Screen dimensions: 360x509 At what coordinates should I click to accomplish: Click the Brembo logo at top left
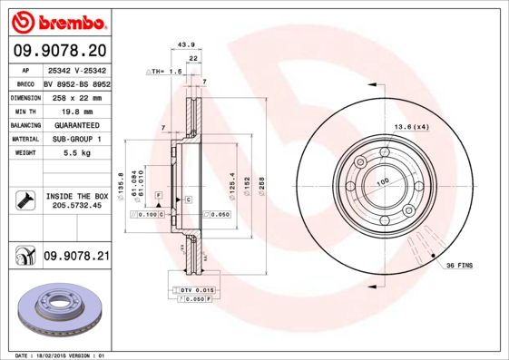[x=58, y=20]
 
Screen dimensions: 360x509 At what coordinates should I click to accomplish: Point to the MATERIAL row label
[x=24, y=140]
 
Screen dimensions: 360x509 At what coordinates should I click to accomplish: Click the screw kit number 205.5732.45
[x=77, y=207]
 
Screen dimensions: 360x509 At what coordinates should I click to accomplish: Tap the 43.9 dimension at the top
[x=186, y=44]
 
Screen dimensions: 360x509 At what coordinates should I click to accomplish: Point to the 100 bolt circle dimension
[x=381, y=182]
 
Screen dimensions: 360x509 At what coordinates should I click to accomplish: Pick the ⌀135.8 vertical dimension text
[x=121, y=182]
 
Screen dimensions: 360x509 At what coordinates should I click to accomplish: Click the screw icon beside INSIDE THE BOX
[x=24, y=200]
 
